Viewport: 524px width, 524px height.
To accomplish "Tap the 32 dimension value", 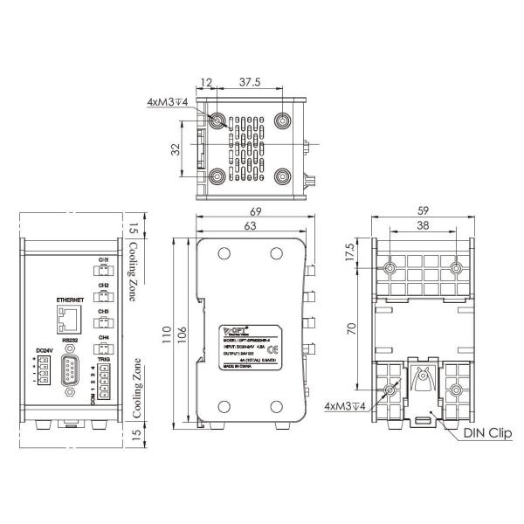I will pyautogui.click(x=175, y=148).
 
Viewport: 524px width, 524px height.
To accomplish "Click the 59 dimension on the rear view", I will pyautogui.click(x=423, y=210).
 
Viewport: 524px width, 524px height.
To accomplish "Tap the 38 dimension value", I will pyautogui.click(x=423, y=225).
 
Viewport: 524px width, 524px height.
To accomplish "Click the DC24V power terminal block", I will pyautogui.click(x=39, y=375).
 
